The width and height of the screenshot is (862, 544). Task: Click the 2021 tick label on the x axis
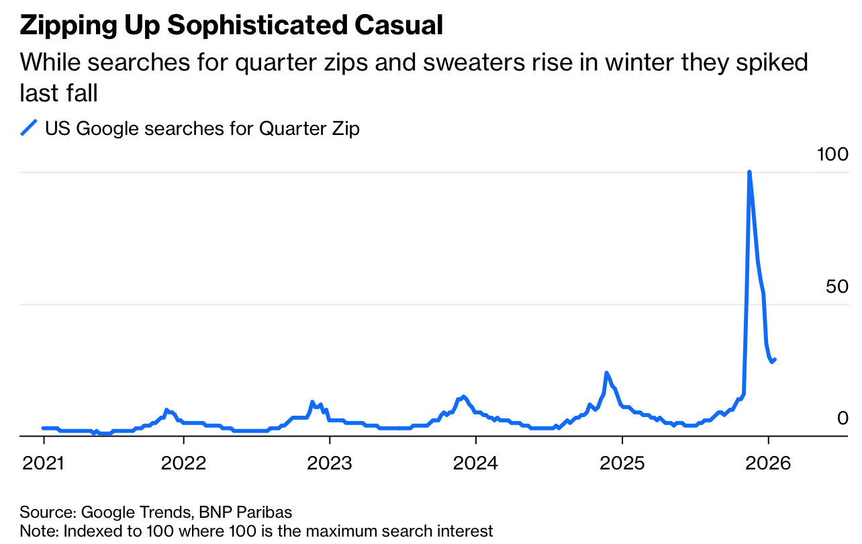click(44, 463)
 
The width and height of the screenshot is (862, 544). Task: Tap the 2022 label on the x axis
click(183, 463)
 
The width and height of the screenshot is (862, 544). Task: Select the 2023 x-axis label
click(330, 463)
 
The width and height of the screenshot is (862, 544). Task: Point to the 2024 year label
click(475, 463)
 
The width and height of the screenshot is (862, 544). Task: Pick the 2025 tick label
click(622, 463)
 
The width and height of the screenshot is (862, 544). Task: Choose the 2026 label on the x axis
click(767, 463)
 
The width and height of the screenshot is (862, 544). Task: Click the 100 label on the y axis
click(832, 154)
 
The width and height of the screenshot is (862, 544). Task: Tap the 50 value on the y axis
click(837, 287)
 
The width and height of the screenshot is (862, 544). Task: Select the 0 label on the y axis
click(843, 418)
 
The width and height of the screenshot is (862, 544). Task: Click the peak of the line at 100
click(749, 173)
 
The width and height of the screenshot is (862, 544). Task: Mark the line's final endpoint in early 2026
click(775, 359)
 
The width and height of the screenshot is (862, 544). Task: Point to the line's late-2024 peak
click(606, 373)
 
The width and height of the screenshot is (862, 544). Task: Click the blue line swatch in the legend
click(29, 128)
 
